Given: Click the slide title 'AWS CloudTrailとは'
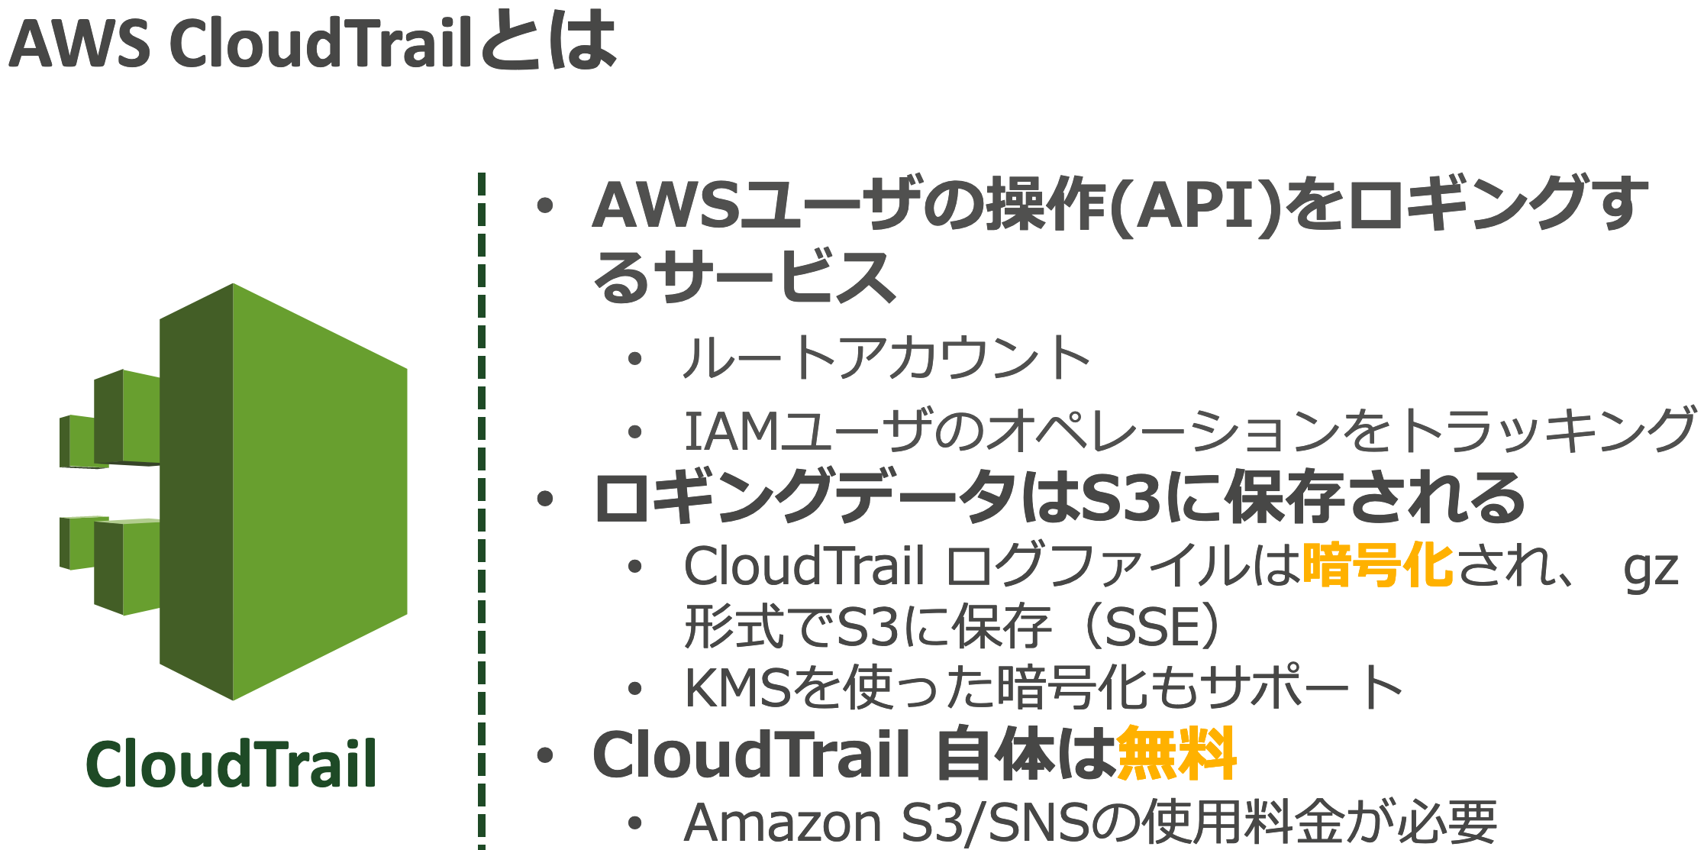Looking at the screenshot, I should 313,42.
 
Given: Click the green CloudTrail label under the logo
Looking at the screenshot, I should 231,764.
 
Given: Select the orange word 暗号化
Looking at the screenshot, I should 1378,565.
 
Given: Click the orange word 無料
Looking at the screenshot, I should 1176,755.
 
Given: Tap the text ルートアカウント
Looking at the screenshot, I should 886,357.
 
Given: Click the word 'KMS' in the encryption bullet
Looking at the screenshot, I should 737,688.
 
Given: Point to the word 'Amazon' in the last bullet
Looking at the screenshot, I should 783,823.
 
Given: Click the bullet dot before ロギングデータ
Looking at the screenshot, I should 545,499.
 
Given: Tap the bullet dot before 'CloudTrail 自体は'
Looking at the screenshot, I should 545,755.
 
